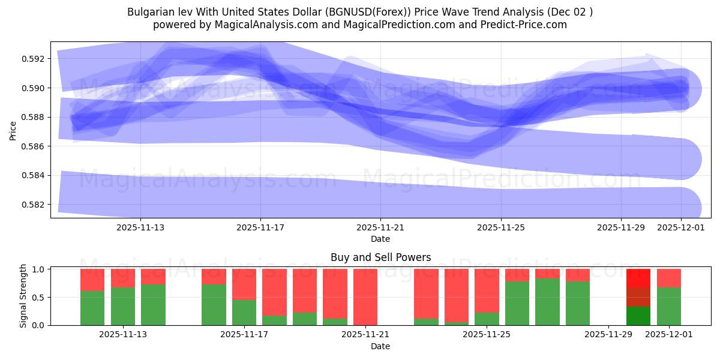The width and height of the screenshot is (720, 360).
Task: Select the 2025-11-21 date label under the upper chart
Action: click(380, 228)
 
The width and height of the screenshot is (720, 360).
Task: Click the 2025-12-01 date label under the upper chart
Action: click(681, 228)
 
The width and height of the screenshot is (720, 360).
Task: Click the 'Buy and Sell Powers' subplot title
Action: click(380, 257)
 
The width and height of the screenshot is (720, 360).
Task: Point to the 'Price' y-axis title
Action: click(13, 130)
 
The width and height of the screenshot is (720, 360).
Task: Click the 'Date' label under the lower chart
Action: click(380, 346)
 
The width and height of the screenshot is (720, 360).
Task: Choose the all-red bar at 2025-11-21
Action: click(365, 297)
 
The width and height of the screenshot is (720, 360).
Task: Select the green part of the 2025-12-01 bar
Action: click(669, 307)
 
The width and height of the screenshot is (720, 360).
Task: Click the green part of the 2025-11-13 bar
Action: click(123, 307)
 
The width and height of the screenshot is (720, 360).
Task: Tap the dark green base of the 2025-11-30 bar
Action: click(638, 316)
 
